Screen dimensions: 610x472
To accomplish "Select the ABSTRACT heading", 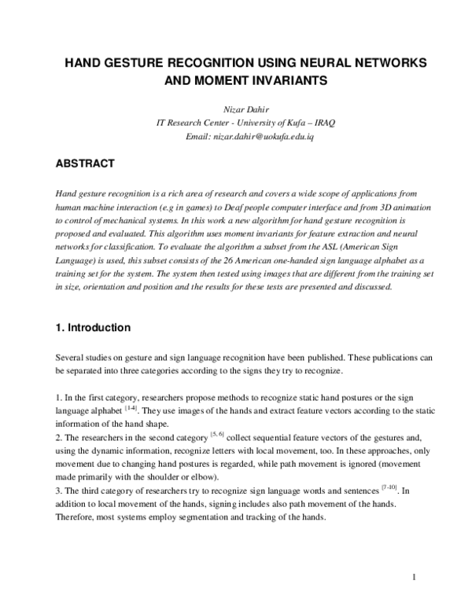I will (x=85, y=164).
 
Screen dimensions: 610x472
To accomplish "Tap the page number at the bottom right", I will (x=414, y=579).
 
